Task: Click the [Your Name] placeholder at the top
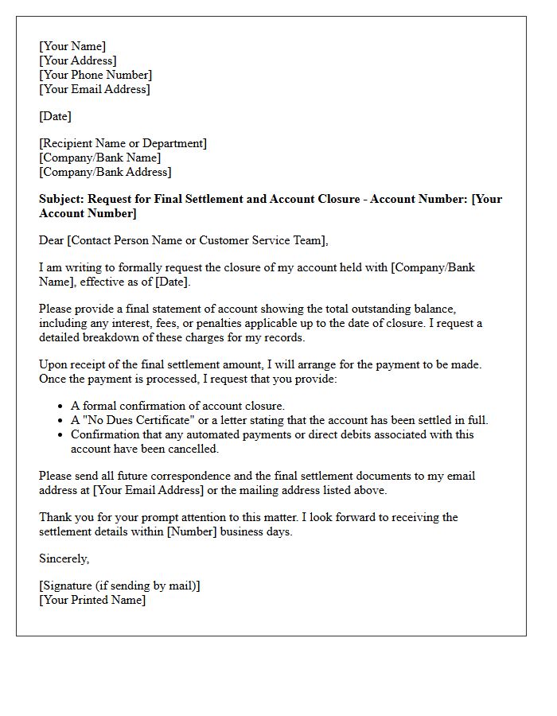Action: [x=72, y=46]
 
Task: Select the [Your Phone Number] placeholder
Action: [x=95, y=75]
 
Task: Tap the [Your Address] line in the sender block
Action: [x=78, y=60]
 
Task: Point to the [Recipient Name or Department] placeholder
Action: [x=123, y=143]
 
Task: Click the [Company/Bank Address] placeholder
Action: [x=105, y=172]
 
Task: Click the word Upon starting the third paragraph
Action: [x=54, y=364]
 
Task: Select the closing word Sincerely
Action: [x=64, y=558]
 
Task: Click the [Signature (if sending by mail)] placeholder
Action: [x=119, y=586]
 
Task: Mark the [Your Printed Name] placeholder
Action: [x=92, y=600]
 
